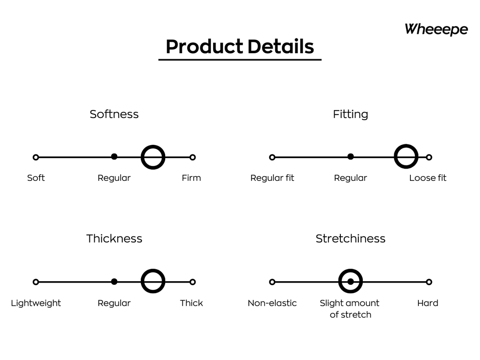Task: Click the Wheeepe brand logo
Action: (x=436, y=29)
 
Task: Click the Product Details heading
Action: (x=240, y=47)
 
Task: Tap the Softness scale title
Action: (x=114, y=114)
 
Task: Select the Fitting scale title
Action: (x=351, y=114)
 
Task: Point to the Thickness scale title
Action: (x=114, y=239)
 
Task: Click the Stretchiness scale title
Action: (x=351, y=239)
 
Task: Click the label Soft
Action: (x=36, y=178)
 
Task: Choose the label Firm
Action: (x=191, y=178)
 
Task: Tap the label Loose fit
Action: (x=428, y=178)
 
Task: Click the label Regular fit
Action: (x=272, y=178)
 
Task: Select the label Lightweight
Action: (x=36, y=303)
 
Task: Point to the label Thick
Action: (x=191, y=303)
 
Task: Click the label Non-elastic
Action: (x=272, y=303)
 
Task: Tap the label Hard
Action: (x=428, y=303)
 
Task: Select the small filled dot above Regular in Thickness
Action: (x=114, y=281)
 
